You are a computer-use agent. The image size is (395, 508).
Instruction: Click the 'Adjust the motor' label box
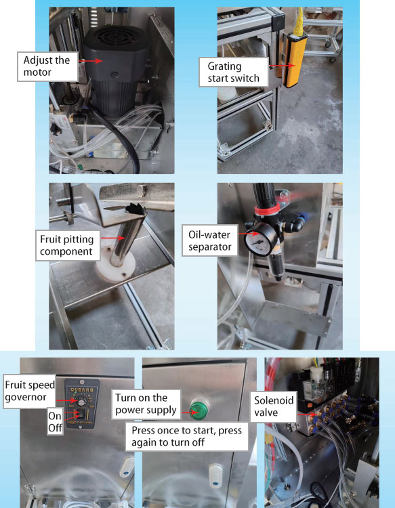pyautogui.click(x=47, y=66)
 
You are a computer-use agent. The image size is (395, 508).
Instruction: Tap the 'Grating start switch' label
pyautogui.click(x=234, y=72)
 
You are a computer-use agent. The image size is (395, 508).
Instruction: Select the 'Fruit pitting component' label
pyautogui.click(x=67, y=245)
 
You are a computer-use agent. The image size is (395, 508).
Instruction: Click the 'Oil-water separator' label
pyautogui.click(x=209, y=240)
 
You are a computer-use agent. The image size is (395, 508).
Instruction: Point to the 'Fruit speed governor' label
pyautogui.click(x=30, y=391)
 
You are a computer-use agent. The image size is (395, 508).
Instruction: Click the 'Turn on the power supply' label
pyautogui.click(x=146, y=404)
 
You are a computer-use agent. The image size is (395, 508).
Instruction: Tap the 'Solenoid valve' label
pyautogui.click(x=273, y=406)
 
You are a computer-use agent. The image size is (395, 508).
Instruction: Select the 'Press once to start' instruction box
pyautogui.click(x=186, y=436)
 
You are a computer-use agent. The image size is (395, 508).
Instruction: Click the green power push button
pyautogui.click(x=198, y=410)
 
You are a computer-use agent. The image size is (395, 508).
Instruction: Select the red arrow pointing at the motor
pyautogui.click(x=90, y=60)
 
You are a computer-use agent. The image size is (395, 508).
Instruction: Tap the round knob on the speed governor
pyautogui.click(x=81, y=402)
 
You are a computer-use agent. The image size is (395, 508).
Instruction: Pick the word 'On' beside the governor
pyautogui.click(x=55, y=416)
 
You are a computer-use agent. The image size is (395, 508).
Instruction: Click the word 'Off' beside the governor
pyautogui.click(x=55, y=427)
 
